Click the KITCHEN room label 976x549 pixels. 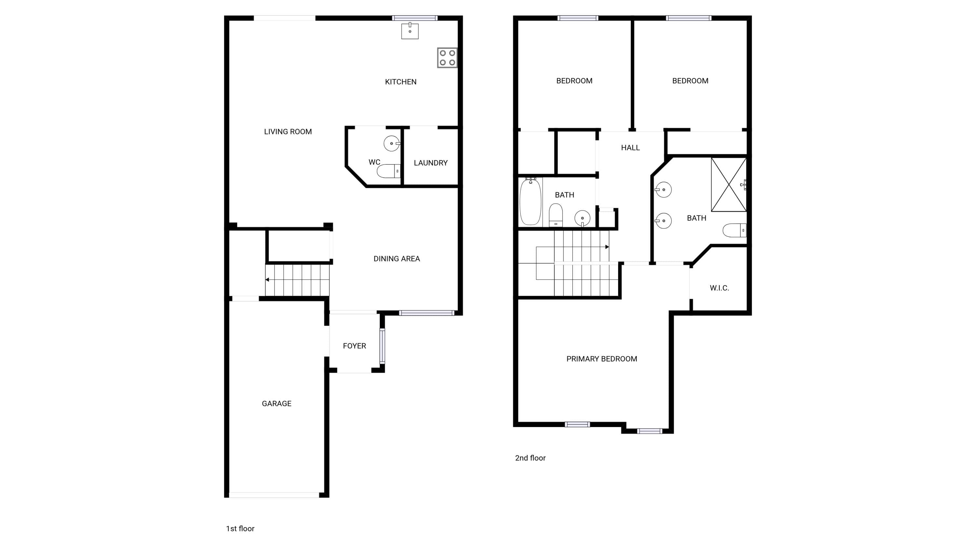coord(400,82)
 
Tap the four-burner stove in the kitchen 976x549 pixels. coord(447,58)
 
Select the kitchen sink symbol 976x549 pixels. coord(410,31)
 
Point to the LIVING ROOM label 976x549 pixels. coord(288,132)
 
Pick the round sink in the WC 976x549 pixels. coord(392,144)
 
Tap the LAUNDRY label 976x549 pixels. coord(431,163)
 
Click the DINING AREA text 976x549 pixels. coord(397,259)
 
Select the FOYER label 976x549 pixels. coord(354,346)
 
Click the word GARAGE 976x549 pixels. coord(277,404)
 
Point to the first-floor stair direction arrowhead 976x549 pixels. coord(267,280)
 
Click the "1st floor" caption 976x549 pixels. coord(240,528)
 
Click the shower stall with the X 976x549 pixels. coord(729,185)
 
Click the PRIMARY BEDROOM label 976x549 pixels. coord(602,359)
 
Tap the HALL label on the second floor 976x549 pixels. coord(630,148)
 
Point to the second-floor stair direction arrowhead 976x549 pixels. coord(607,247)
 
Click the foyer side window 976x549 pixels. coord(382,346)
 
